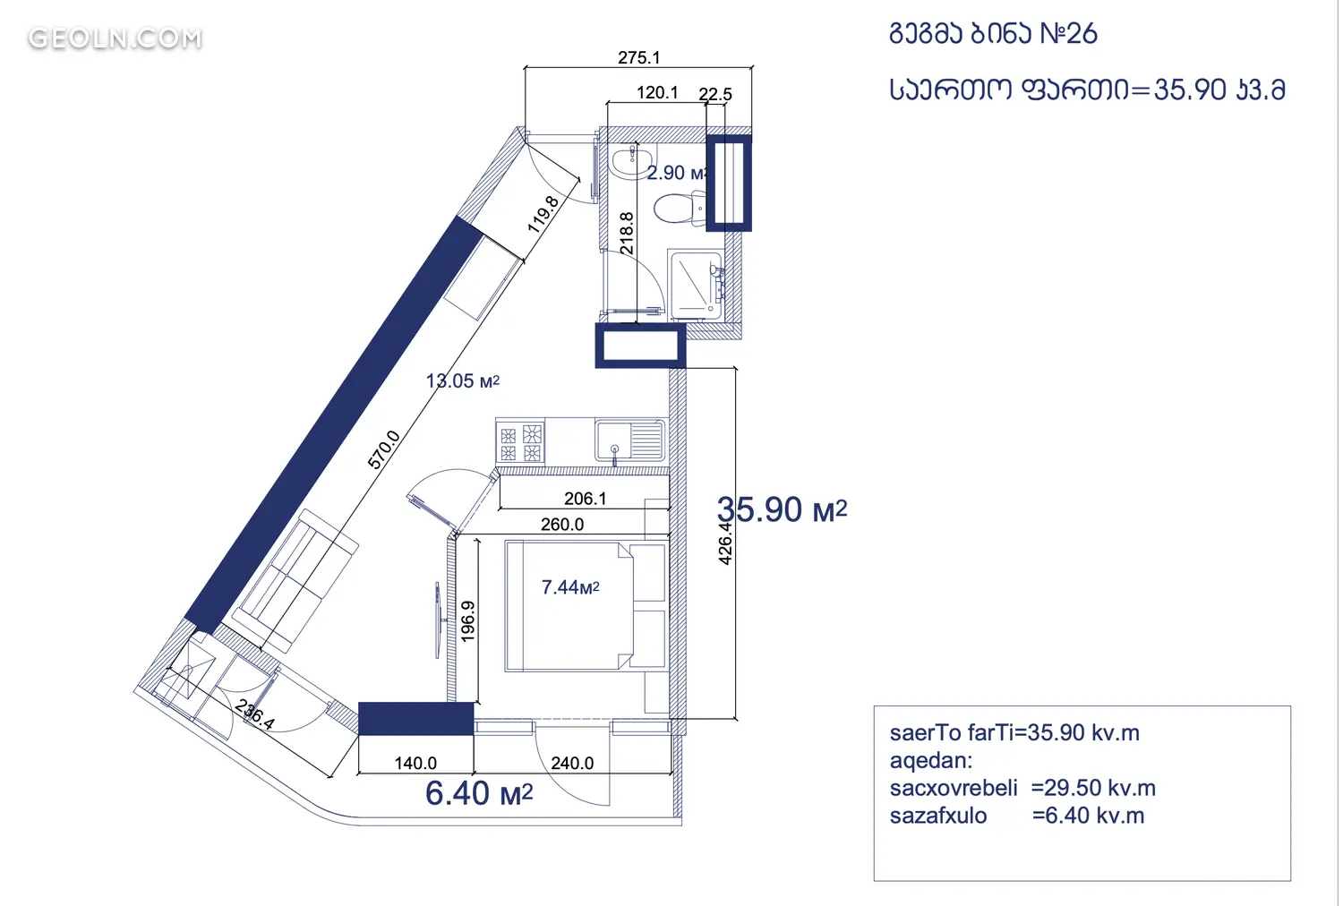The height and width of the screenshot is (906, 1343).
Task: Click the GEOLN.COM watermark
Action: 115,38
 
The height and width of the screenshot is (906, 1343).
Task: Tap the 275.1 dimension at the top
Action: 638,57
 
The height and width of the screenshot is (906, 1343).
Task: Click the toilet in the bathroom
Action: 680,208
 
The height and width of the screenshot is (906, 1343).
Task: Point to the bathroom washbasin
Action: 632,160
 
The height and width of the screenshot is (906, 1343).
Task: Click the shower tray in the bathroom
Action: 697,285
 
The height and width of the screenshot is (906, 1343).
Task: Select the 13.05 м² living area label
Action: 462,380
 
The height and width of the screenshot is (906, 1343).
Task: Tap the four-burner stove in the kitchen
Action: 520,442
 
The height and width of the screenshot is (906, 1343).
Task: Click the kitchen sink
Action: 629,440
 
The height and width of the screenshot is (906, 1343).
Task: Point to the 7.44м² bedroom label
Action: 570,587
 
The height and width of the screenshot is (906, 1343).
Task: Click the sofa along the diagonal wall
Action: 295,580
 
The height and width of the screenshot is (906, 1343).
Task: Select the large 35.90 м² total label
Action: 782,509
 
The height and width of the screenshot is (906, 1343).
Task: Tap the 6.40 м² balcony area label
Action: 479,793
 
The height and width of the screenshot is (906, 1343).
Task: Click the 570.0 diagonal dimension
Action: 383,449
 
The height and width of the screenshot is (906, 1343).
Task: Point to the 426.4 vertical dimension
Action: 725,543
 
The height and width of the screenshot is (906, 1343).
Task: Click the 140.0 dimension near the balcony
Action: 415,763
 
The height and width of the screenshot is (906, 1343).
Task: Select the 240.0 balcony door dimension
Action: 572,763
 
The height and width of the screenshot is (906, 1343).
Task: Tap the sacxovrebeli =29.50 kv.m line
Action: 1022,788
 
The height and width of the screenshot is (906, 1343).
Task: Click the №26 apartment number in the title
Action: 1068,33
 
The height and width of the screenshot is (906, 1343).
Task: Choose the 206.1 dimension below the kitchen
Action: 586,499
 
